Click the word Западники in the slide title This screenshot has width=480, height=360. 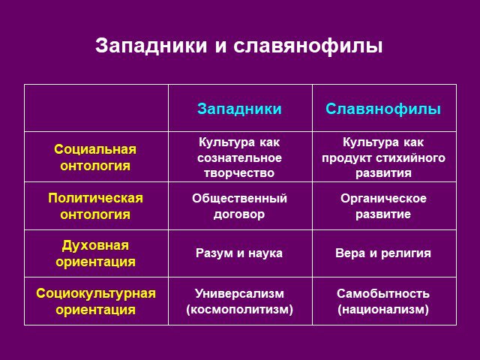point(151,46)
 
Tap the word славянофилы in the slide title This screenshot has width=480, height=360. point(308,46)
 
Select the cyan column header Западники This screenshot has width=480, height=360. point(239,109)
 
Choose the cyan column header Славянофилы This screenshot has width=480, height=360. point(383,109)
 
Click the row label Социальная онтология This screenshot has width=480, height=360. point(95,157)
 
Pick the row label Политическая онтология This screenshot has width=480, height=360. point(95,206)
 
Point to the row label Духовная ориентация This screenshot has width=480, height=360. point(95,253)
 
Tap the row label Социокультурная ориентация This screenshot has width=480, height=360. point(96,301)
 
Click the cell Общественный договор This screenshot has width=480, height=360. point(239,206)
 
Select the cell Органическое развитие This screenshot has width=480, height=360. point(383,206)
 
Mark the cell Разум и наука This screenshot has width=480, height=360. point(239,253)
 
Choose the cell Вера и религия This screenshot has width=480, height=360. point(383,253)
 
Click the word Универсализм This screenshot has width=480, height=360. point(239,293)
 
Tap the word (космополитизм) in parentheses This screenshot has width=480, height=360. point(239,309)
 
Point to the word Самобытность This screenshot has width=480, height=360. point(383,293)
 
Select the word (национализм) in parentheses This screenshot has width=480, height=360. point(383,309)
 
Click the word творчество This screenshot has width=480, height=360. point(239,173)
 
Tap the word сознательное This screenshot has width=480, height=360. point(239,158)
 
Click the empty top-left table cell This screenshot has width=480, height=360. point(96,108)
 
